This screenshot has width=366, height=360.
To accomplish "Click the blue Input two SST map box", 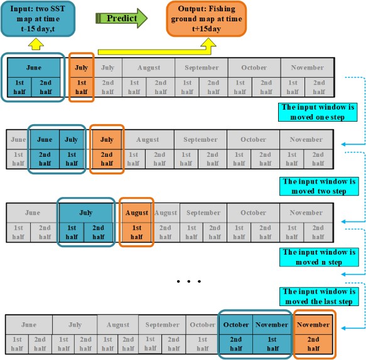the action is [38, 19].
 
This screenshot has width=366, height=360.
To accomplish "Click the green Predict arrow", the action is [121, 18].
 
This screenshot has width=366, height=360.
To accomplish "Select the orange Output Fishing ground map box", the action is [207, 19].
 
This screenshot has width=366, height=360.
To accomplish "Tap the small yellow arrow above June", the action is [36, 44].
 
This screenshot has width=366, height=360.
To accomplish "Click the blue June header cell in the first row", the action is [34, 68].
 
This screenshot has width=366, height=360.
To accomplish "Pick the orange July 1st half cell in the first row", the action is [82, 87].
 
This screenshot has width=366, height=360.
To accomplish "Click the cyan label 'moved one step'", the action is [318, 112].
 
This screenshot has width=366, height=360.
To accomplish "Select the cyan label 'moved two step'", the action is [319, 186].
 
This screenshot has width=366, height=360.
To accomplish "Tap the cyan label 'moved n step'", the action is [319, 257].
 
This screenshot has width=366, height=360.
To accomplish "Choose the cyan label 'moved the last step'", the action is [319, 297].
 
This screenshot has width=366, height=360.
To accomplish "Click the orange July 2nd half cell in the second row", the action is [107, 159].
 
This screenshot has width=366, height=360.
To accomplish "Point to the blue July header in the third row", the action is [86, 213].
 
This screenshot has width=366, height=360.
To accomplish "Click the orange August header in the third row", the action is [137, 213].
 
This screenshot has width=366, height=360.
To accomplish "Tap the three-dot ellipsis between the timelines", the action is [189, 282].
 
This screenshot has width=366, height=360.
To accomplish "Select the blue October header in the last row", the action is [236, 324].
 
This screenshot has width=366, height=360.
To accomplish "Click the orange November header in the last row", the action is [313, 324].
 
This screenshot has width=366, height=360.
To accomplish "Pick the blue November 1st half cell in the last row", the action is [272, 344].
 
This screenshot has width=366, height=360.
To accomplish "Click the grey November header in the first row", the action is [308, 68].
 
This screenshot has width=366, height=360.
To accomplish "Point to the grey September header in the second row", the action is [200, 139].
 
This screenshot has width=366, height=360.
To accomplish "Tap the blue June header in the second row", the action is [45, 139].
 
